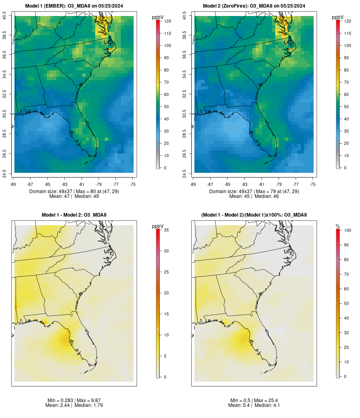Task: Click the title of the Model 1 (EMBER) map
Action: (74, 6)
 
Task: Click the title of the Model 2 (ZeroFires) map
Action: (254, 6)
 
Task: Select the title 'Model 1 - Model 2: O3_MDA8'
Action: (74, 215)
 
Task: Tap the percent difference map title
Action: (254, 215)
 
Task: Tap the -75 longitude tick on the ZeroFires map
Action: (313, 184)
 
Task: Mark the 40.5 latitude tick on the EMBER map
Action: (5, 16)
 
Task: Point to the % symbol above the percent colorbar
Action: (338, 226)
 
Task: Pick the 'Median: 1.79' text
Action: (88, 405)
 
